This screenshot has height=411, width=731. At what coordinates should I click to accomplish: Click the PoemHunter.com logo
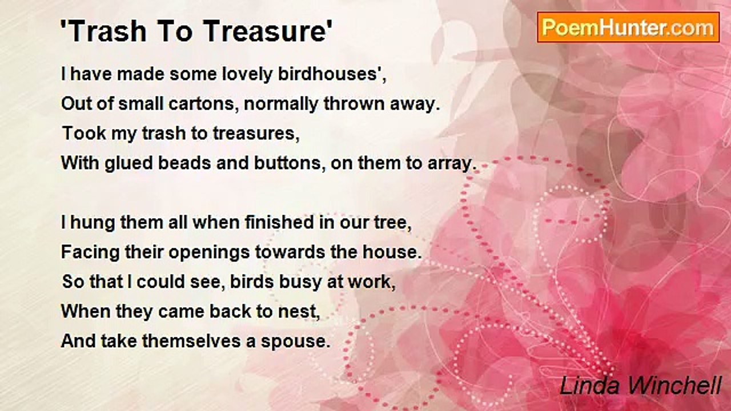pos(628,27)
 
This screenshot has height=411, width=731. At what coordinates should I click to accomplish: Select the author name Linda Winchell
pos(640,385)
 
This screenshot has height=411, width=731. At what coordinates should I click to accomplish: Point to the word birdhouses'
pos(332,74)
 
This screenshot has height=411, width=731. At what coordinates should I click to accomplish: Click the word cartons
pos(204,104)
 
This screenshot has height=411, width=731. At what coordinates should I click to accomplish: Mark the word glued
pos(128,164)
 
